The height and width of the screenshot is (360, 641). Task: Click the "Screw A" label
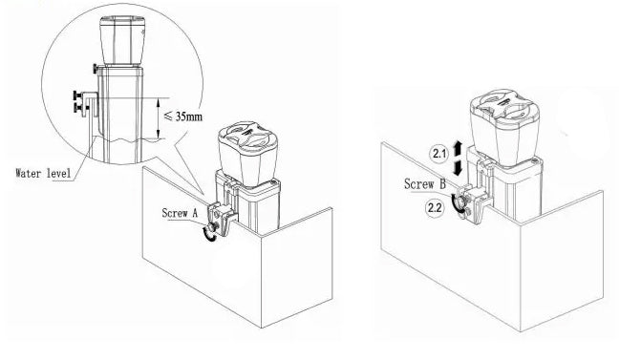tap(180, 213)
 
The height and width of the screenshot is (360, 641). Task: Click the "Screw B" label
tap(425, 184)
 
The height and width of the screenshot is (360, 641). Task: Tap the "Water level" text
tap(43, 173)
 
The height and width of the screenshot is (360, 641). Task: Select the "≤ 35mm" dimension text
tap(183, 116)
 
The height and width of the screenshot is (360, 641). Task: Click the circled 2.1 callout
tap(439, 154)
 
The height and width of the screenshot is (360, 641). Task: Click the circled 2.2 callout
tap(434, 207)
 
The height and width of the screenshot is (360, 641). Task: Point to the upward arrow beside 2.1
tap(458, 147)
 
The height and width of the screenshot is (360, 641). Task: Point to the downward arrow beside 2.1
tap(458, 167)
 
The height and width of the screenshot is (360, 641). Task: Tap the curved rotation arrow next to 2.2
tap(453, 203)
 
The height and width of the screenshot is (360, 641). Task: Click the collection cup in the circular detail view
tap(122, 41)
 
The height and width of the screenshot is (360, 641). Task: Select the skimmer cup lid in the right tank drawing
tap(503, 106)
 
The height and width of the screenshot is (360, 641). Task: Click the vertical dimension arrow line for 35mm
tap(159, 118)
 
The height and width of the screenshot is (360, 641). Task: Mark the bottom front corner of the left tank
tap(262, 328)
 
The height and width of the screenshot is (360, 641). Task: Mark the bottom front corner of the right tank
tap(520, 331)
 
